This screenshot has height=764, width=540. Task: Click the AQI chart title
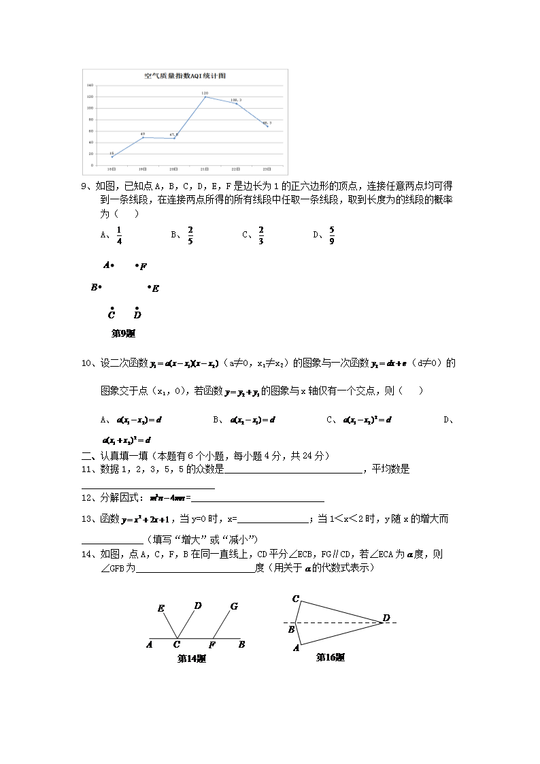coord(185,77)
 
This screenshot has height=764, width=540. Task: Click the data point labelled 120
coord(205,97)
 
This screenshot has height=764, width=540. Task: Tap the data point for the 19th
coord(143,137)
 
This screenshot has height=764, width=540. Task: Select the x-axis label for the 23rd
coord(267,168)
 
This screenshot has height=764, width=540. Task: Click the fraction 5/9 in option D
coord(331,235)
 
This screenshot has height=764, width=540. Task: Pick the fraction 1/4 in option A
coord(119,235)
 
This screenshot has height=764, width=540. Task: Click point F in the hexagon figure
coord(143,266)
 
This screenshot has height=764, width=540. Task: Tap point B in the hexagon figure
coord(95,287)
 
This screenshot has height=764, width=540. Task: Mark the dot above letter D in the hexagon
coord(137,308)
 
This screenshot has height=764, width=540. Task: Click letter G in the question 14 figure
coord(234,606)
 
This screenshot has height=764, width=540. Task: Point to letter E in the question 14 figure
coord(161,608)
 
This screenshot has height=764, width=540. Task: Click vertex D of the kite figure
coord(386,618)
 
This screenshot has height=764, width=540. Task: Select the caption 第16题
coord(331,657)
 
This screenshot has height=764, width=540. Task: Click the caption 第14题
coord(191,659)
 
